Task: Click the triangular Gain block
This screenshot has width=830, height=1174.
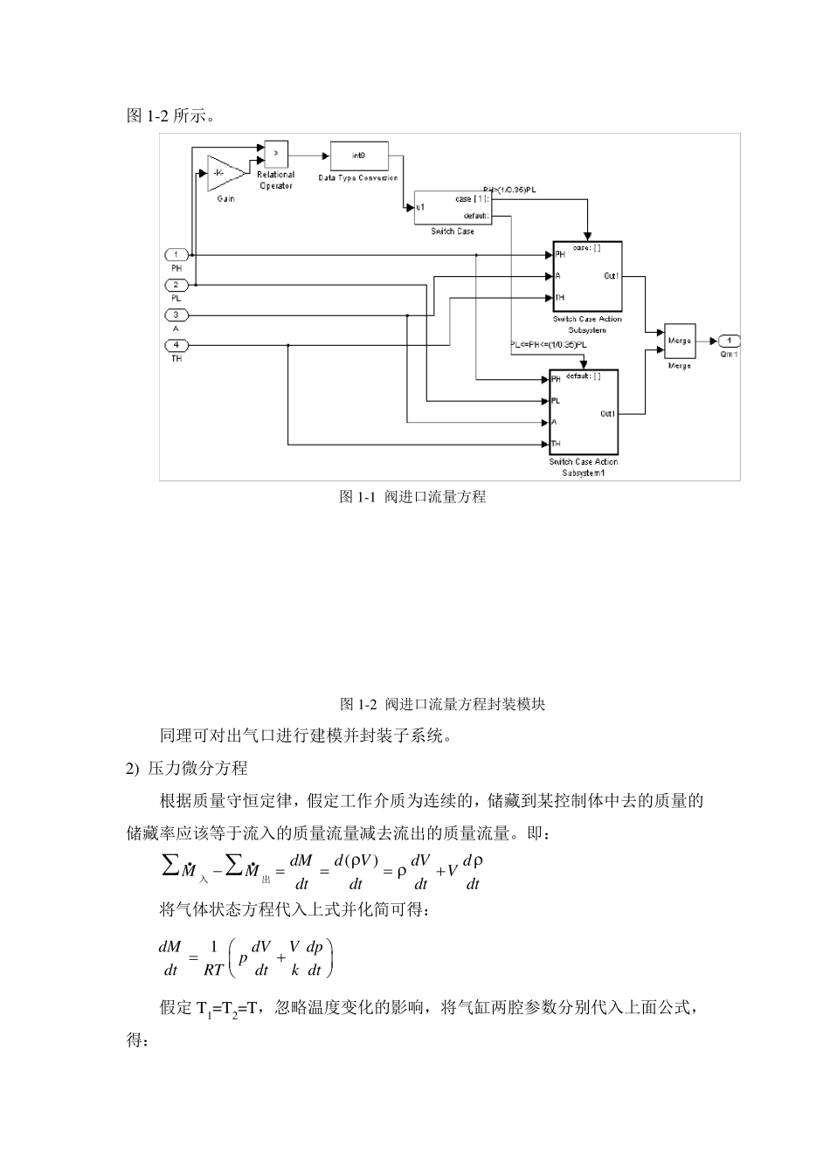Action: (224, 173)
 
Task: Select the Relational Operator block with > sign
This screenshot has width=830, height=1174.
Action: (276, 154)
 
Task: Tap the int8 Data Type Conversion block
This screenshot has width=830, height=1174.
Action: (358, 155)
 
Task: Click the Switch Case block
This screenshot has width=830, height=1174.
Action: (453, 207)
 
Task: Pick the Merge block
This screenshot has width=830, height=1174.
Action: (679, 341)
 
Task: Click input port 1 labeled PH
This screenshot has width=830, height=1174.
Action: (176, 255)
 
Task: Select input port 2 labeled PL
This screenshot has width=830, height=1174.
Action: (176, 285)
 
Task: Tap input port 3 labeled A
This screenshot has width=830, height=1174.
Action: (176, 315)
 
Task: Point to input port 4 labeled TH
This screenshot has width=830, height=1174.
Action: (176, 345)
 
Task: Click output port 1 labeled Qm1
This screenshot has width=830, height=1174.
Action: (730, 341)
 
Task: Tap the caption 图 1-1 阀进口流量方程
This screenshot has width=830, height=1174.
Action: (412, 497)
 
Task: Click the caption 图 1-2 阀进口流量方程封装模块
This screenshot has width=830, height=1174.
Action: (442, 704)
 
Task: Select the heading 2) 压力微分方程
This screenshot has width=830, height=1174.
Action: (188, 768)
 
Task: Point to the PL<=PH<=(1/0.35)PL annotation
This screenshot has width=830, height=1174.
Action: (549, 345)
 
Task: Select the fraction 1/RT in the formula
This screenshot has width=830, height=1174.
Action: (213, 958)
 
